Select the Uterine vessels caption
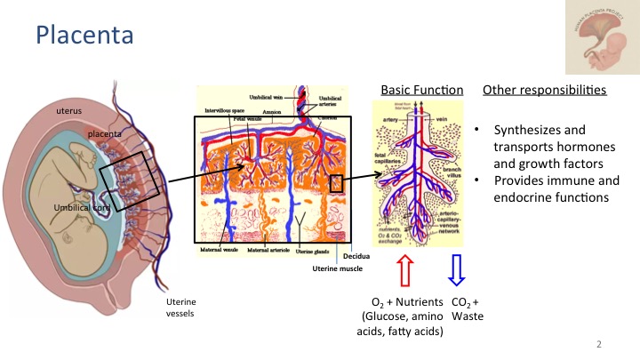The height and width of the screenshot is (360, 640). click(x=182, y=308)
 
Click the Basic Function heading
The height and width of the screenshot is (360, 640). click(x=422, y=91)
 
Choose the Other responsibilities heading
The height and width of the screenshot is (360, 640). click(x=545, y=91)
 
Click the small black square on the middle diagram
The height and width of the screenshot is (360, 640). click(x=336, y=183)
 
